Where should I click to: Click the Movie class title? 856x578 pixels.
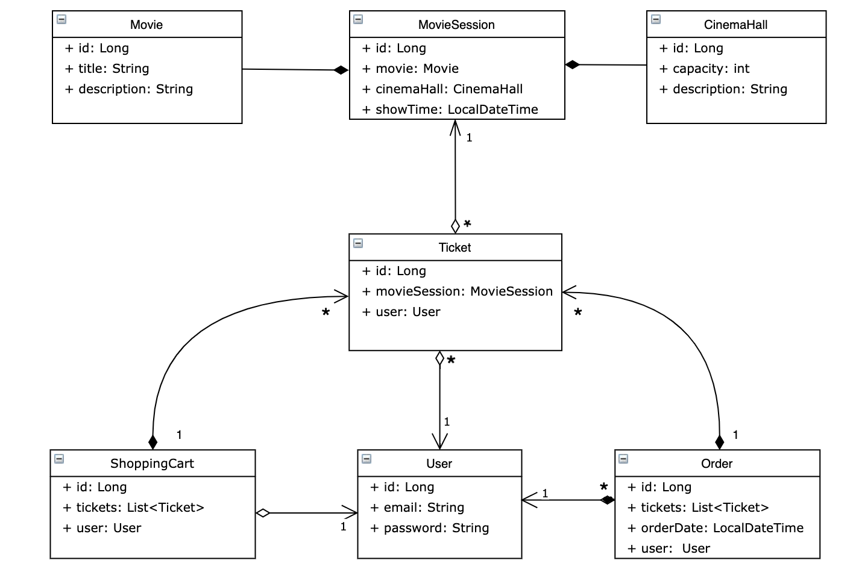coord(146,25)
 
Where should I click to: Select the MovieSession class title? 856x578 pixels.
coord(456,25)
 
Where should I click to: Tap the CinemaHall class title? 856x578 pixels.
coord(735,25)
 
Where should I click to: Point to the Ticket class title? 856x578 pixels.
coord(455,247)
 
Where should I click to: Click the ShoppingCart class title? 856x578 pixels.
coord(152,464)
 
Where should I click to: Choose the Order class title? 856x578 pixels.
coord(717,464)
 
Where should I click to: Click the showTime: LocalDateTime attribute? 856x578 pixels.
coord(450,110)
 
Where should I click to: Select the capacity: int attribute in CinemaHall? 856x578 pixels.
coord(704,69)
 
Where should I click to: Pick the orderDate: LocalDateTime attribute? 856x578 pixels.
coord(716,528)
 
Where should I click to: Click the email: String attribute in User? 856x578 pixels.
coord(417,508)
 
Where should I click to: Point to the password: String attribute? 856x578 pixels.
coord(429,528)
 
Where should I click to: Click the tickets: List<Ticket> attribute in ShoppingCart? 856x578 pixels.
coord(134,508)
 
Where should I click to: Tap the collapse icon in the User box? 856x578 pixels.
coord(367,459)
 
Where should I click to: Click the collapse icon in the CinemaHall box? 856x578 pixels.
coord(656,19)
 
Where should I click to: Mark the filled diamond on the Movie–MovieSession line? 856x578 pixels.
coord(341,70)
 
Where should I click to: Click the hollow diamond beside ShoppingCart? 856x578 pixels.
coord(263,513)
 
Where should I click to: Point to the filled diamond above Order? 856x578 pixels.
coord(719,442)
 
